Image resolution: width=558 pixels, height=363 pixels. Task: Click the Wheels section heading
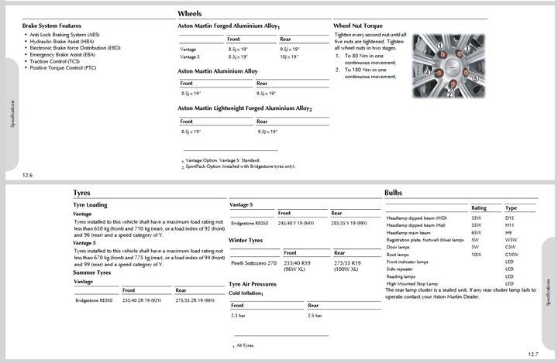190,14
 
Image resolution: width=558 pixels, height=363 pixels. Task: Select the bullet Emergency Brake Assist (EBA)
62,55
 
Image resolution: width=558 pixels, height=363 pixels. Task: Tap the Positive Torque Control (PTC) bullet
63,68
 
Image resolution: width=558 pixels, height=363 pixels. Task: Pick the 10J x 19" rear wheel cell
290,57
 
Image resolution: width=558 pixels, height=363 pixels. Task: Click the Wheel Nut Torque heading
359,26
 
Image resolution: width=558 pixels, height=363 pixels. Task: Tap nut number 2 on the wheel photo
449,94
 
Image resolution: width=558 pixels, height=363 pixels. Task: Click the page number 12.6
27,176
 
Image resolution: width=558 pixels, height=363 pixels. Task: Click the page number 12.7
533,354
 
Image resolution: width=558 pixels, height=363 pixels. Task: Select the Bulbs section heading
393,193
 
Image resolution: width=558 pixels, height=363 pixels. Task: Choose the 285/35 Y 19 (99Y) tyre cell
350,223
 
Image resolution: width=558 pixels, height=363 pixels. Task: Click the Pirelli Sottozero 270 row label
254,264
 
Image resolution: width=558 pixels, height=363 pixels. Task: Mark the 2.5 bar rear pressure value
315,316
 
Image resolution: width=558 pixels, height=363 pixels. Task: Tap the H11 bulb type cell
510,225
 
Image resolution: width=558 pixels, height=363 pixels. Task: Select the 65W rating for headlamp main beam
476,232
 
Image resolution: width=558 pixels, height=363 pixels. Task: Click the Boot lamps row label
397,255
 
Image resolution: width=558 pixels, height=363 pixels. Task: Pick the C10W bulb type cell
511,255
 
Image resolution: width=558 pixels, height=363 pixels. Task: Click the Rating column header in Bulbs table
479,207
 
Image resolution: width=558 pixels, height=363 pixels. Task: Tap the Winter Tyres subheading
246,240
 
